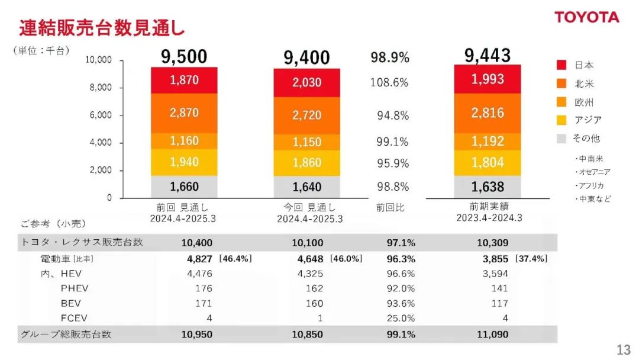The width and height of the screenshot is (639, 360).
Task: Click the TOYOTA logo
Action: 587,17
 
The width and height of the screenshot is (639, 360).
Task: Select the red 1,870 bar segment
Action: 184,80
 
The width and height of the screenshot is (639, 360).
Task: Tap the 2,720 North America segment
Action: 306,115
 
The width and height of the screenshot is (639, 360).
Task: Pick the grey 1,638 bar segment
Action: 488,187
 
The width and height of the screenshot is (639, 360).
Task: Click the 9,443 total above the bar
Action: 488,56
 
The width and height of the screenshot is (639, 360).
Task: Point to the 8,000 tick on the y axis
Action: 100,88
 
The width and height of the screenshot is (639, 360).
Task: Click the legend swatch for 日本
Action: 561,65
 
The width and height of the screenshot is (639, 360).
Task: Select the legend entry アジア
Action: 588,120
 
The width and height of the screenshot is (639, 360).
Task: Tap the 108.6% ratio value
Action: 389,83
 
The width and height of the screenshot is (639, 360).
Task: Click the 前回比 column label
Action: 390,208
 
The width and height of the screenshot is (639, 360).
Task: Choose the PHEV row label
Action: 75,288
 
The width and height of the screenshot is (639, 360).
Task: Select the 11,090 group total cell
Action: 492,335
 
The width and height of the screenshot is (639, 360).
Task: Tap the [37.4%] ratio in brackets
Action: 531,259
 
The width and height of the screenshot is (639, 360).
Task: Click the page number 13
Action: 623,350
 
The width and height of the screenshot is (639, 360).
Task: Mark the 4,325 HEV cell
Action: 312,274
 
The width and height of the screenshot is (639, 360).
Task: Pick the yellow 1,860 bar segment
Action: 306,163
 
